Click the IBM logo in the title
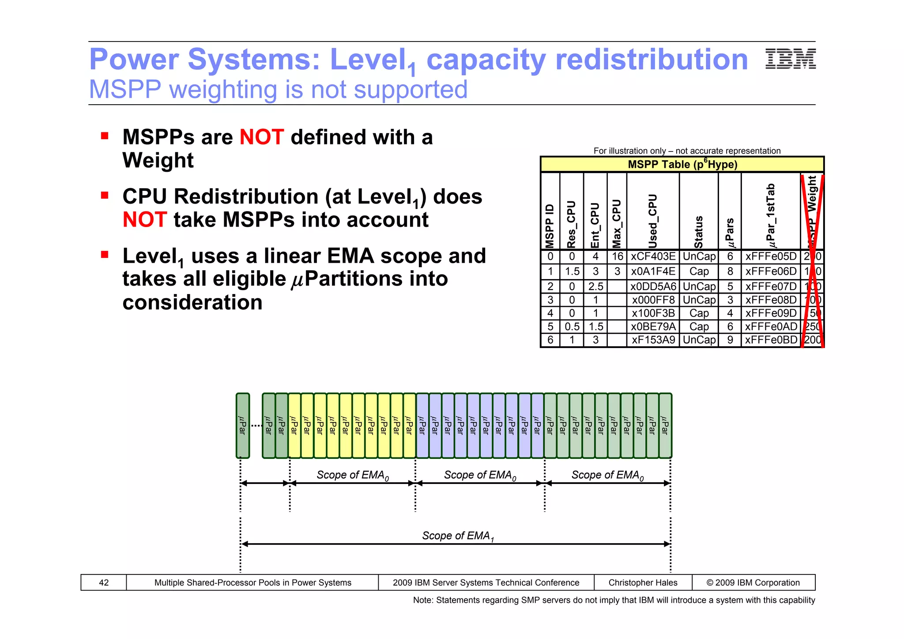790,59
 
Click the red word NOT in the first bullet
261,137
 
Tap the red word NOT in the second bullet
145,219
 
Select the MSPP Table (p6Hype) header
682,164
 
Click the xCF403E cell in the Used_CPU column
653,257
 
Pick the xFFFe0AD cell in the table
771,326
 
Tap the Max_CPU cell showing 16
617,257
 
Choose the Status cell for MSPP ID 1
699,271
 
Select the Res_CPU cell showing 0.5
572,326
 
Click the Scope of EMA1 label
458,536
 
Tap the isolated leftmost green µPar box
243,425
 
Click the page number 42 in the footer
104,582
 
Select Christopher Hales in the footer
643,582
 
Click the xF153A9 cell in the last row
653,340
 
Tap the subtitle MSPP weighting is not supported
278,90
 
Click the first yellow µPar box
294,425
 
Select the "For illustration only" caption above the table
687,151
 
